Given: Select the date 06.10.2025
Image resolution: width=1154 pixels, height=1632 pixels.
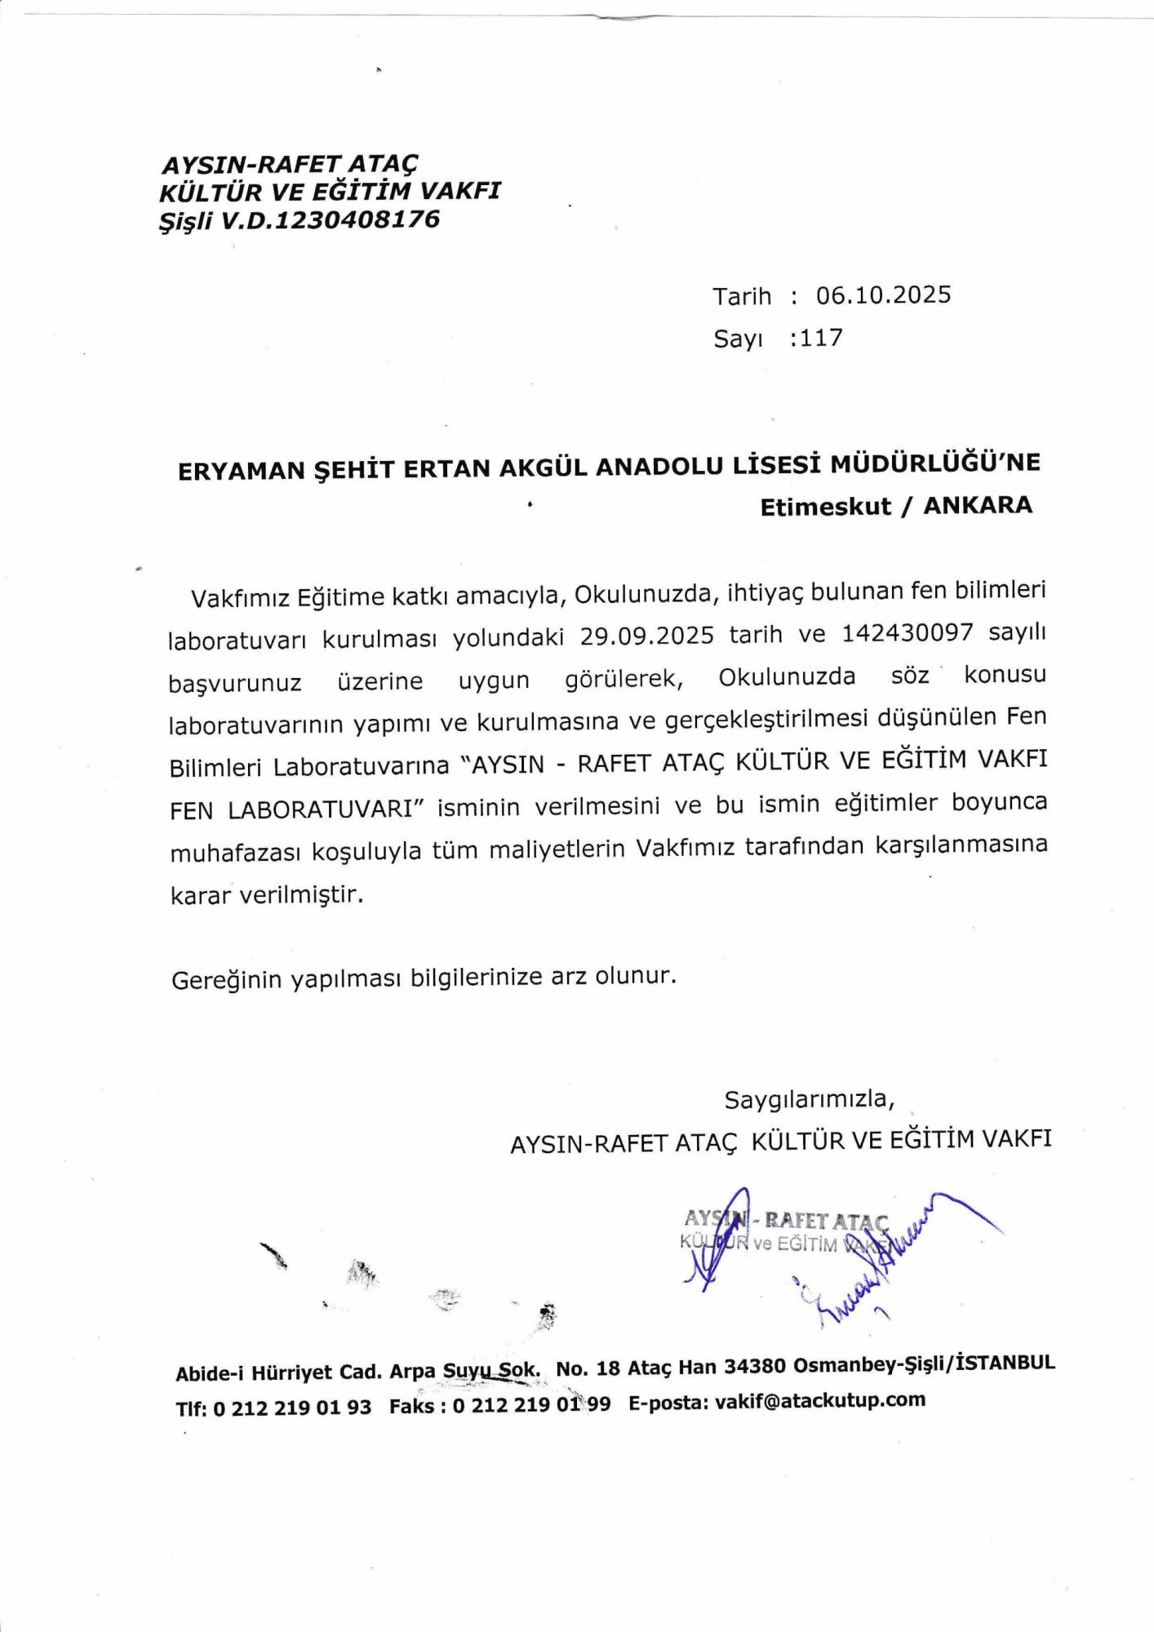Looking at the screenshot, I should (883, 295).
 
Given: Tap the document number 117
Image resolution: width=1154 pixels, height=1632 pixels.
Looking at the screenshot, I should (821, 338).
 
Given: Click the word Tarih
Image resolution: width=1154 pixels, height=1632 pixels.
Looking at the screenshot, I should (742, 296).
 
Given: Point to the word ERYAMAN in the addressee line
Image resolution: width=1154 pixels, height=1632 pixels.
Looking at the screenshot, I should (237, 471).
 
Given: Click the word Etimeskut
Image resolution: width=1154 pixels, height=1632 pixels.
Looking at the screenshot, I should (825, 507).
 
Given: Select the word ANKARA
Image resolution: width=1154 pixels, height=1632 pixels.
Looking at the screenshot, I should (978, 505).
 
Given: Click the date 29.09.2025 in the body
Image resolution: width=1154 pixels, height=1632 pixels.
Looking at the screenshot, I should (647, 635).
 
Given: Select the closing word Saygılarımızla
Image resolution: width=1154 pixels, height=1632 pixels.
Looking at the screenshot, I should (809, 1100).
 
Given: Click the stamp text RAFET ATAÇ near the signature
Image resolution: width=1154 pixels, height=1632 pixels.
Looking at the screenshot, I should (825, 1222).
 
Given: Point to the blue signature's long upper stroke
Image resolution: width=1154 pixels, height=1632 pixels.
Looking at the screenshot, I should (947, 1208).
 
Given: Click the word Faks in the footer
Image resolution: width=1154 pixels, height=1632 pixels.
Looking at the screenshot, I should (411, 1407).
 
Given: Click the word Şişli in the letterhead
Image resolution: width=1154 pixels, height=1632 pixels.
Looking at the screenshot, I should (186, 221).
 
